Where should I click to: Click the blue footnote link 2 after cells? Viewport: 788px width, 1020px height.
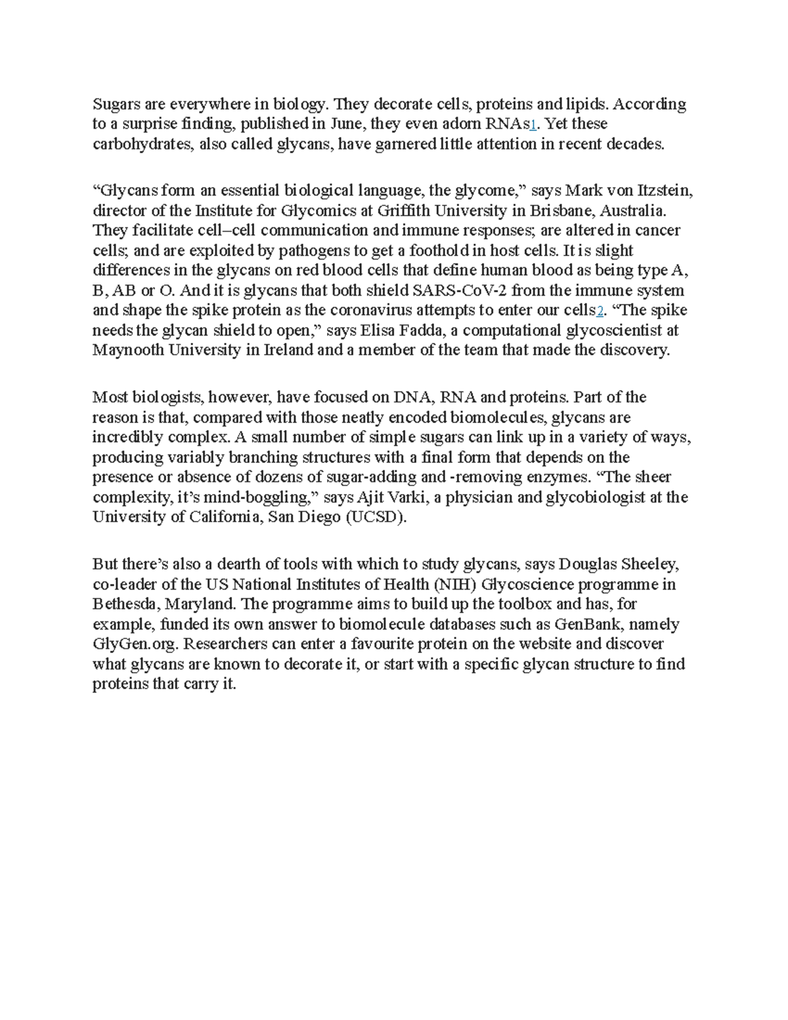point(598,311)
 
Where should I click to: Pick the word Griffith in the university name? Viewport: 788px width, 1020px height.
point(368,211)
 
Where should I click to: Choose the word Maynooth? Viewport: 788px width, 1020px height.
point(129,350)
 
